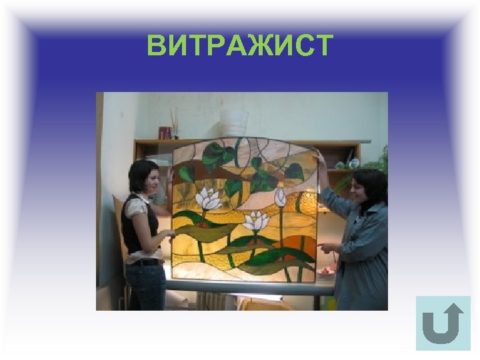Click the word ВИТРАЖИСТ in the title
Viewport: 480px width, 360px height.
click(x=240, y=46)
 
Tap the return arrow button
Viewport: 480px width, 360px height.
click(x=443, y=323)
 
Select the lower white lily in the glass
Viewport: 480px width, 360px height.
click(x=256, y=221)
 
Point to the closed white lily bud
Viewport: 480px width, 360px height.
click(x=280, y=197)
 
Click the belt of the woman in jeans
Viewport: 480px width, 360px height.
click(x=145, y=262)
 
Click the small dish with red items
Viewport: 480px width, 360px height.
click(x=327, y=271)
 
